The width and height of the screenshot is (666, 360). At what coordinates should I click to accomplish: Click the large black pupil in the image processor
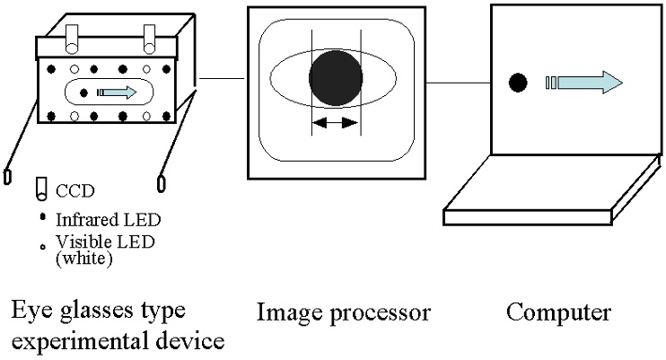tap(336, 78)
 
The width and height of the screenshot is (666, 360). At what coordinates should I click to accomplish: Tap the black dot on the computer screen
tap(518, 83)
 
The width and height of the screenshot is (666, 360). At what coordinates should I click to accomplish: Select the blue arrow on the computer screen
tap(584, 83)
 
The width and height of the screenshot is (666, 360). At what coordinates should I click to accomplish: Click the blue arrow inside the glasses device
tap(118, 92)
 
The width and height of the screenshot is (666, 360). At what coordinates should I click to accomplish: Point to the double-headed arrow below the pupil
tap(336, 123)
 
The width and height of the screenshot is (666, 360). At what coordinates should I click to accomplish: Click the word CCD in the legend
tap(75, 191)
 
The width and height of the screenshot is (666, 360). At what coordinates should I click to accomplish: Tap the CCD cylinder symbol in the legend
tap(41, 189)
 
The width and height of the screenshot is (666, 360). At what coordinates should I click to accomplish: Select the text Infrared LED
tap(109, 220)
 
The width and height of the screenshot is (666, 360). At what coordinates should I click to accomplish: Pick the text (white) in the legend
tap(84, 258)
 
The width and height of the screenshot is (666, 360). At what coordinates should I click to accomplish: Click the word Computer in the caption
tap(558, 312)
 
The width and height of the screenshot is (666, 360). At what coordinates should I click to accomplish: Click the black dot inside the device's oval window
tap(83, 92)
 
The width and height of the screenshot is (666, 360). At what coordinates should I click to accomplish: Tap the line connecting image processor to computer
tap(459, 83)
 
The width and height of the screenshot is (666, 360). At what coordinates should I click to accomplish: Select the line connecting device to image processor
tap(222, 78)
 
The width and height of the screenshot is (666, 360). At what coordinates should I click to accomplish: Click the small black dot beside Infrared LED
tap(42, 216)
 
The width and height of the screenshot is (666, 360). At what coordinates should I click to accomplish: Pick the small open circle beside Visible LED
tap(42, 247)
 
